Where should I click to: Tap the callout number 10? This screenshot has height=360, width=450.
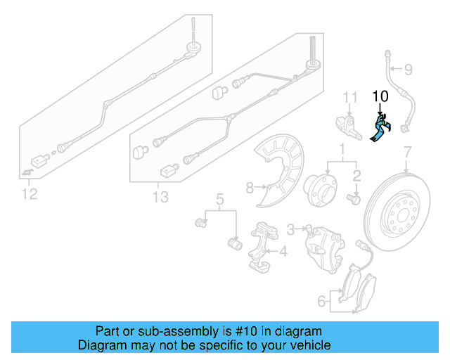[380, 96]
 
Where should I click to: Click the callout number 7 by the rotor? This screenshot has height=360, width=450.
[406, 152]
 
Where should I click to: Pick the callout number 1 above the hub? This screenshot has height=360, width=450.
[342, 150]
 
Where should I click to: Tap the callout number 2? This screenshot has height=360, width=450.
[356, 176]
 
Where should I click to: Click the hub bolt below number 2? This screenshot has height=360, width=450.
[354, 200]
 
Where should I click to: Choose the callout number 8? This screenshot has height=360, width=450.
[249, 187]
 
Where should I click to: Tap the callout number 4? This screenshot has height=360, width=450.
[283, 251]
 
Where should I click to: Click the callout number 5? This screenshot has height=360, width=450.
[219, 199]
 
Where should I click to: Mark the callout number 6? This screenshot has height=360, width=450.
[321, 302]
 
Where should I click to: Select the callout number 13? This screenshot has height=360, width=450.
[160, 197]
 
